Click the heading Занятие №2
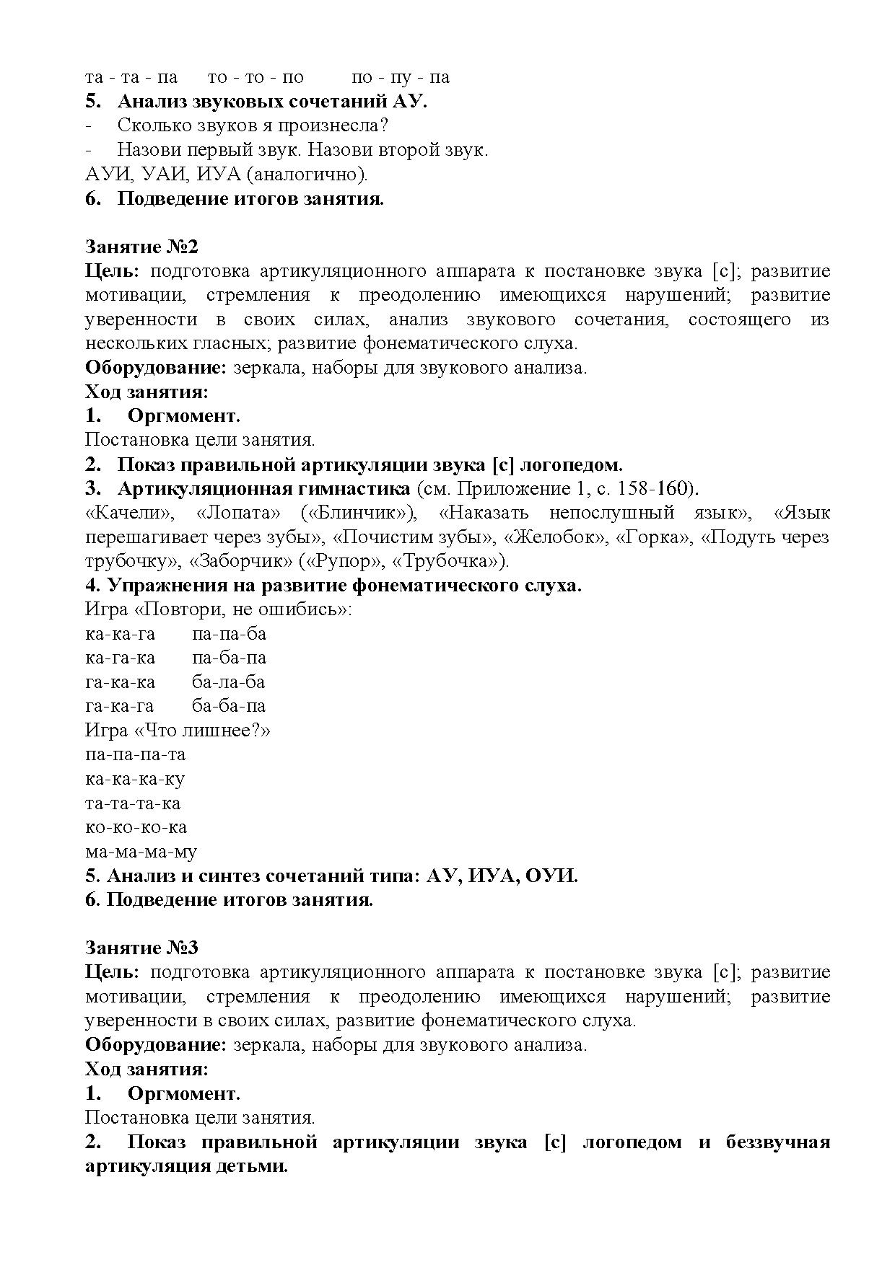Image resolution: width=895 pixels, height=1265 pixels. [x=141, y=247]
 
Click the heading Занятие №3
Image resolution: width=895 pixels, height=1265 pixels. [x=141, y=948]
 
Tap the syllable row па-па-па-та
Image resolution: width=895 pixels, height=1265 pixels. [x=135, y=754]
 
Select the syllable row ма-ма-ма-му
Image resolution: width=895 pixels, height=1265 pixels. [x=141, y=852]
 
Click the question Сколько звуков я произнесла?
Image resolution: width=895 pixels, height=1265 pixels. [x=253, y=125]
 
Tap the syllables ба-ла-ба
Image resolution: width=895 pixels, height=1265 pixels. [x=228, y=682]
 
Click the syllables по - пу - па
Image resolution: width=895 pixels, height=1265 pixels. [x=401, y=77]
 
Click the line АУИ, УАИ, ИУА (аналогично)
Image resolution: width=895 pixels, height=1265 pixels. [x=226, y=174]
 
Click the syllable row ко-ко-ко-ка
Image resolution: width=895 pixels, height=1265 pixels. [x=136, y=827]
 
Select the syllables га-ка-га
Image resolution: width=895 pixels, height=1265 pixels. [x=120, y=706]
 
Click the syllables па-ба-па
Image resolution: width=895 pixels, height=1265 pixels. [x=229, y=658]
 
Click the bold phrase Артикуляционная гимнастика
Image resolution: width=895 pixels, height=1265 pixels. [x=263, y=489]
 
